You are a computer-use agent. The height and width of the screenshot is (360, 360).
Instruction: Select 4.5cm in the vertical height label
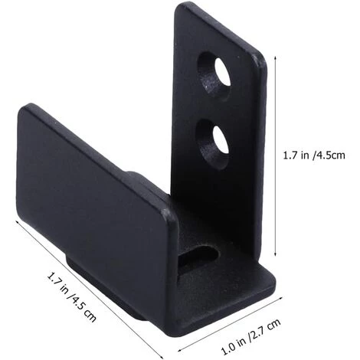click(335, 154)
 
